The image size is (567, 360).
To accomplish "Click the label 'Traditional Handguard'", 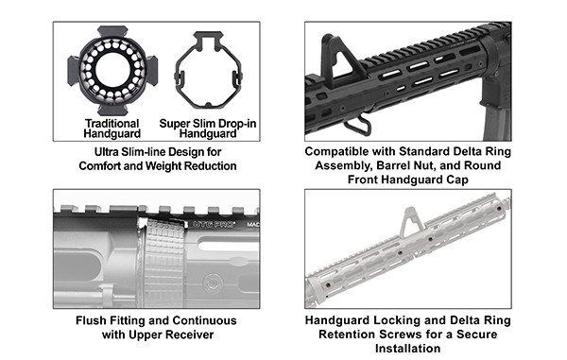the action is [x=112, y=129].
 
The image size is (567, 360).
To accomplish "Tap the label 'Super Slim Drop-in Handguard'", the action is [x=208, y=129].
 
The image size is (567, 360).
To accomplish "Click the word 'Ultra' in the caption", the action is [x=106, y=152].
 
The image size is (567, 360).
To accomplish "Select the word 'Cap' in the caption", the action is [x=457, y=180].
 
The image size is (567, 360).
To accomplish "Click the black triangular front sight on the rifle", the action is [x=338, y=61].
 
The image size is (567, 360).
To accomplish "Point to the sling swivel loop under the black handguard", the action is [x=357, y=125].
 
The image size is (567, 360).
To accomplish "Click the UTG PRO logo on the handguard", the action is [x=214, y=224].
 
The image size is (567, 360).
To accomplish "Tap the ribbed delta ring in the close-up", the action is [x=164, y=264].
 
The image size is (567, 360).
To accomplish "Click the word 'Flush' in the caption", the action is [x=91, y=320].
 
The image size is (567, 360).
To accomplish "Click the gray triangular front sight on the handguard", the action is [x=410, y=222].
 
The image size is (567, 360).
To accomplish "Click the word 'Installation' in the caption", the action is [x=408, y=349].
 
